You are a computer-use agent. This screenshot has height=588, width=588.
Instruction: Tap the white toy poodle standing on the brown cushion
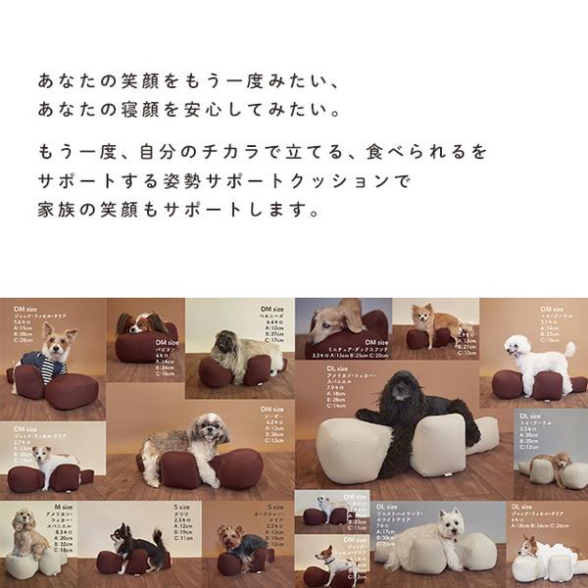[535, 359]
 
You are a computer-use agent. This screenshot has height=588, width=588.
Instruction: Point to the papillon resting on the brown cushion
[140, 324]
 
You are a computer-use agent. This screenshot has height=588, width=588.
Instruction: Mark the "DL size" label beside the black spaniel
[339, 368]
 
